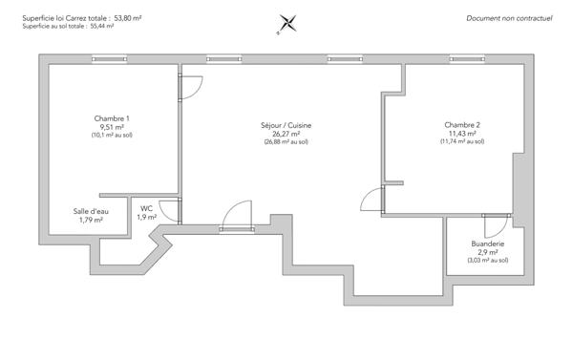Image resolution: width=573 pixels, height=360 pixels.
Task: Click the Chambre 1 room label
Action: [113, 118]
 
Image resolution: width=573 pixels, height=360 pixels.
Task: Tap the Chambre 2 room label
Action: [462, 125]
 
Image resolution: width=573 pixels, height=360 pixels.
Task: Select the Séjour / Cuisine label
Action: [286, 125]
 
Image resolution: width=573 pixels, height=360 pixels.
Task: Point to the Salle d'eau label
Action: [90, 211]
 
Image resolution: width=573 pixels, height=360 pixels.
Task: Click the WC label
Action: [147, 207]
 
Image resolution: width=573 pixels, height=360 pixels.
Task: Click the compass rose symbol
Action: [286, 24]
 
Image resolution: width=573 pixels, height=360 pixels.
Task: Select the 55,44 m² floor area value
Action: [100, 27]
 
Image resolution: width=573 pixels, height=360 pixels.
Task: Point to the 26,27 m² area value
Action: [286, 134]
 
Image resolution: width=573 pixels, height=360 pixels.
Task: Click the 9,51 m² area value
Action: [113, 127]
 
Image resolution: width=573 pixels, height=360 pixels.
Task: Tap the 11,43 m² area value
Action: [462, 134]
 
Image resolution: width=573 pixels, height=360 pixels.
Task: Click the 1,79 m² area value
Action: [90, 220]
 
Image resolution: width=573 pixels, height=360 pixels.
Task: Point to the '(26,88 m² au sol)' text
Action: [286, 142]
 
